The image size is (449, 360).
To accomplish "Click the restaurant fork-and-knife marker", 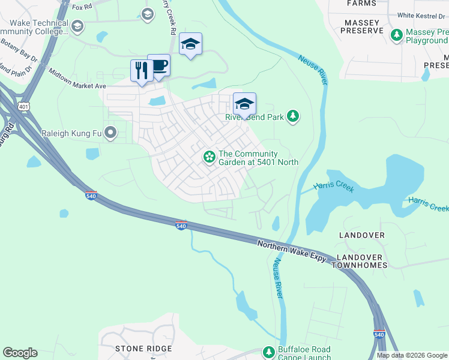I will pos(142,71).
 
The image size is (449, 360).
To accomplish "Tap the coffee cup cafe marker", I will pos(159,65).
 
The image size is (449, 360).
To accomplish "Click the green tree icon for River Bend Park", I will pos(292,116).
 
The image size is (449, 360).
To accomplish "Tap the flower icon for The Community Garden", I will pos(209,157).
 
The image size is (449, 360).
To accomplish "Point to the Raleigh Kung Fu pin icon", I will pos(110,133).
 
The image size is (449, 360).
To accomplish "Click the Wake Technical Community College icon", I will pos(76,26).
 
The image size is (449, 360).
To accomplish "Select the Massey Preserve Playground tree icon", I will pos(396,35).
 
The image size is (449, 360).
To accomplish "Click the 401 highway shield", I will pos(23,106).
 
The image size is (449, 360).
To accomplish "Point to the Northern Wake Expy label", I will pos(292,251).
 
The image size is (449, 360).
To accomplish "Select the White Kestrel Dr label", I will pos(423,16).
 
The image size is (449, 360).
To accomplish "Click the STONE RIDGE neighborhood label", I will pos(143,348).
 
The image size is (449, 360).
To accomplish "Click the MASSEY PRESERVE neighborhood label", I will pos(363,26).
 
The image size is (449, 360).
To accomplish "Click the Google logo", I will pos(20,353).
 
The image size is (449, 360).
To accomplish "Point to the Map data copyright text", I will pos(412,355).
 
